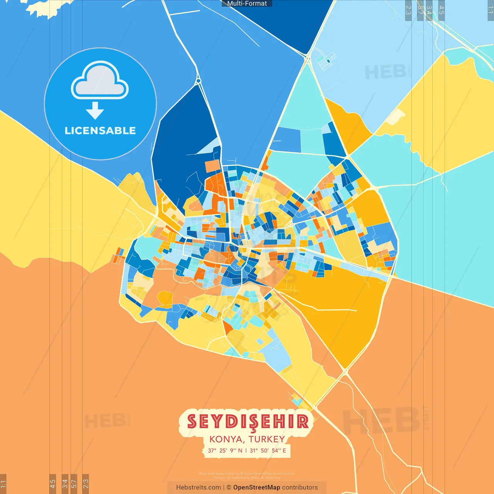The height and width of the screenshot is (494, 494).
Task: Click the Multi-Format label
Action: (247, 3)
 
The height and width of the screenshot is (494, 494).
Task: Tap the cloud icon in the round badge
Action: (100, 80)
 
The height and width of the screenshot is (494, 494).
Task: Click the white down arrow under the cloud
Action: (95, 111)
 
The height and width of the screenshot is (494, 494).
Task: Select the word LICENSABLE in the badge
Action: (100, 130)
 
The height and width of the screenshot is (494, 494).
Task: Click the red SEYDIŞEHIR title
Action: (248, 422)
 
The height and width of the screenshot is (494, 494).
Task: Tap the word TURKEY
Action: (267, 439)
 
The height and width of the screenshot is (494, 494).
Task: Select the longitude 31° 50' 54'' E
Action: (268, 450)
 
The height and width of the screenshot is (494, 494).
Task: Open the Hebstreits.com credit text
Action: (198, 487)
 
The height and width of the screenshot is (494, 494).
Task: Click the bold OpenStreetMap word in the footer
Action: (257, 487)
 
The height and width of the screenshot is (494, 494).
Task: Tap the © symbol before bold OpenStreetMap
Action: (229, 487)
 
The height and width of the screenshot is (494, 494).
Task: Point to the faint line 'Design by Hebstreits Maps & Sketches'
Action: (247, 478)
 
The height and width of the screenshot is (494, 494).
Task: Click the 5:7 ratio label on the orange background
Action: (74, 484)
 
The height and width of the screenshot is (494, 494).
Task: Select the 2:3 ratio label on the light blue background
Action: (408, 10)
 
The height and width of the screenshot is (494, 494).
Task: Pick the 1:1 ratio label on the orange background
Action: (3, 484)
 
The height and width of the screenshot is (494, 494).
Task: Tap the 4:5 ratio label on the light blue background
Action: (442, 10)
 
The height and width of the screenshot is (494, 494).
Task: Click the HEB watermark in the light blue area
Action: (385, 72)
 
